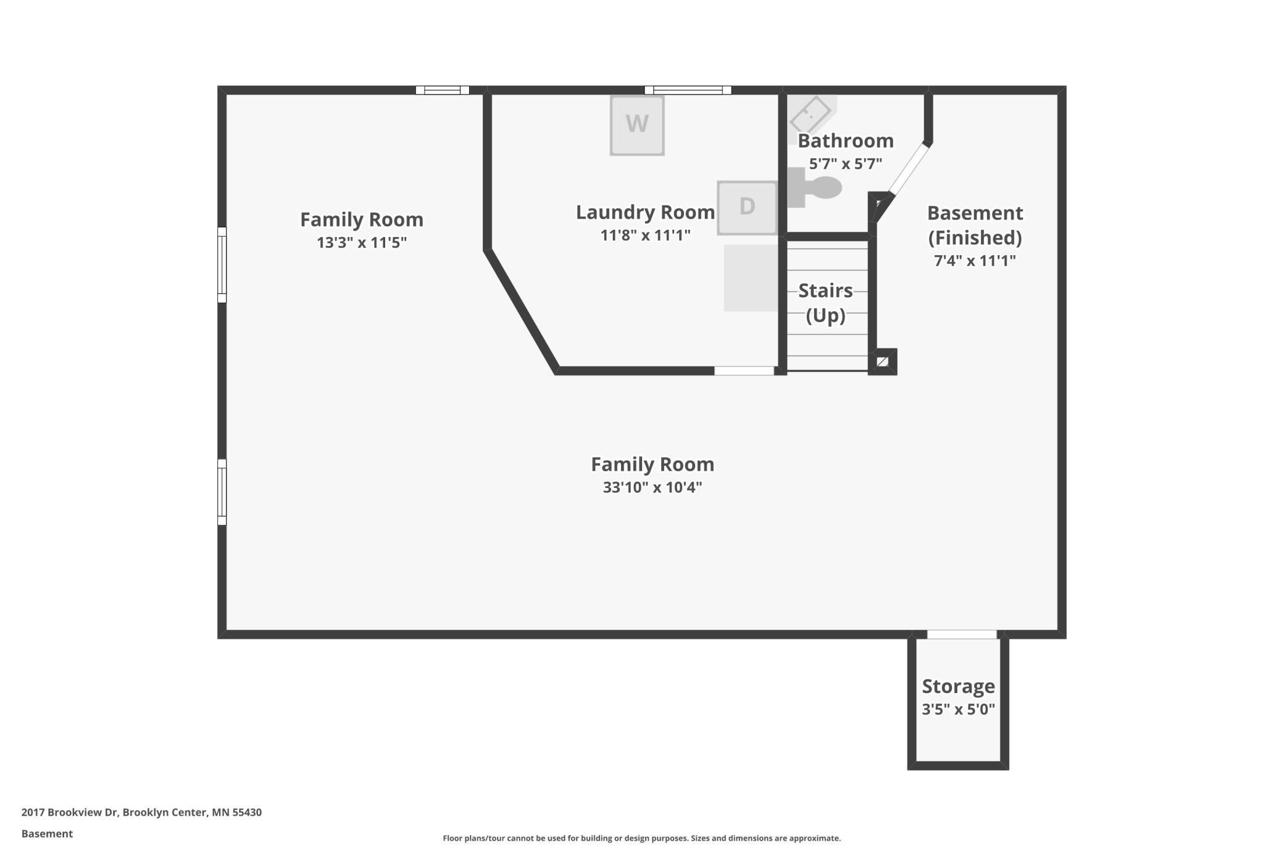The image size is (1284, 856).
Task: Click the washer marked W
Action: pos(637,125)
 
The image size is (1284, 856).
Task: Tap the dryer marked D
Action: pos(747,208)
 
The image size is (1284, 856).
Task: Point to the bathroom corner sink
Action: pos(811,115)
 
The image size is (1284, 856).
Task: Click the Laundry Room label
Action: pos(645,212)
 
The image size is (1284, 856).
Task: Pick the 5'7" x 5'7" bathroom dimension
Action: pos(845,164)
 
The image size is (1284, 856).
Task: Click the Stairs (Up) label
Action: pos(825,303)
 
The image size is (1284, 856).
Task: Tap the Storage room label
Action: pos(958,686)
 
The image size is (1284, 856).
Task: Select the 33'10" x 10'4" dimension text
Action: pos(652,487)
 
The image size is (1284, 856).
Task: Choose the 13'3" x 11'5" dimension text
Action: pos(362,242)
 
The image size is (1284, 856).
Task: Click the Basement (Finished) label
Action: pos(975,225)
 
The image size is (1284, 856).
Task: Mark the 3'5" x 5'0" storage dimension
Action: pos(958,709)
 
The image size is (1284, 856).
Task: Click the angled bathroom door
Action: pos(908,169)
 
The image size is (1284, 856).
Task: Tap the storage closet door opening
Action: pos(962,634)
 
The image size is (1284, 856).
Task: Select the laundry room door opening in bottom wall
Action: pos(744,371)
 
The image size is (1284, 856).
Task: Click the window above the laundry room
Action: pos(688,90)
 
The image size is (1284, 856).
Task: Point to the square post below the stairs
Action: pos(883,362)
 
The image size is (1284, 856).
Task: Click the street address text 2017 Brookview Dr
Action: pos(69,812)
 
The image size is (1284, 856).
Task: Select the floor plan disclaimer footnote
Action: pos(641,838)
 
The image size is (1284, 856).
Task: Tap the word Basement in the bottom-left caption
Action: pos(47,834)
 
